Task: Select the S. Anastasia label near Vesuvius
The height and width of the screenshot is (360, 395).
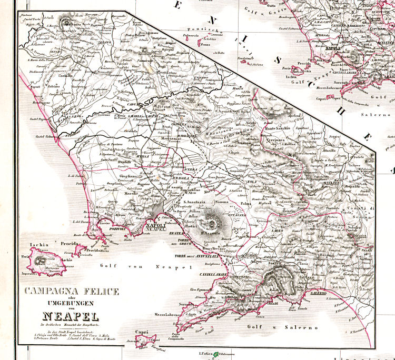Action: pyautogui.click(x=193, y=202)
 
